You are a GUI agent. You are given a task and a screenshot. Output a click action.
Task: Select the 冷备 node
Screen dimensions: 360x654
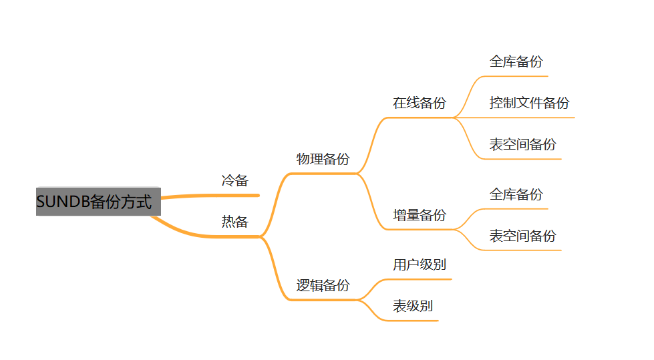(x=234, y=180)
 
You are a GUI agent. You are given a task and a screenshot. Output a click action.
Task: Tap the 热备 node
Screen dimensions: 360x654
(x=234, y=222)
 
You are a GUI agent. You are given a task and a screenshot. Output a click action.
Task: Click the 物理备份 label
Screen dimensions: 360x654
(x=323, y=159)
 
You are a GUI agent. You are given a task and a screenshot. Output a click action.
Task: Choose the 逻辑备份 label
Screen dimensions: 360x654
(x=323, y=286)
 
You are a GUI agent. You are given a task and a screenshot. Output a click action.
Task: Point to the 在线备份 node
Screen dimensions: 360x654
(x=419, y=103)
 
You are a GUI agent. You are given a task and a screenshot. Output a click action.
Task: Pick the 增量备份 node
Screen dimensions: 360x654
(x=419, y=215)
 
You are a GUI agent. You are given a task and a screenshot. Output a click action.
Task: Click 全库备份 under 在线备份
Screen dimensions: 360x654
(x=516, y=61)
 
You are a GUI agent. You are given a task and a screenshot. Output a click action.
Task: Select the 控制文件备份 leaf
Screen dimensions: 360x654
(x=529, y=103)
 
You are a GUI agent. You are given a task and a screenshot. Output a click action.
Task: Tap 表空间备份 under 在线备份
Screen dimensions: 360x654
(x=522, y=144)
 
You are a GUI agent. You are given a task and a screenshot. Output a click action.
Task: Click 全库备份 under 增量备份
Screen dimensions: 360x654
(x=516, y=194)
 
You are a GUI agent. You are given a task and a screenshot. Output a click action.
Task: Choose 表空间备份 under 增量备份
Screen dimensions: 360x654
(x=522, y=236)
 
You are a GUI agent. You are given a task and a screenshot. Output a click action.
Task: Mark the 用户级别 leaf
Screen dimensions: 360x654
(x=419, y=264)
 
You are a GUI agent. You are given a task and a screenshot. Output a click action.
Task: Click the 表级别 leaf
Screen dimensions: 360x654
(x=412, y=306)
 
